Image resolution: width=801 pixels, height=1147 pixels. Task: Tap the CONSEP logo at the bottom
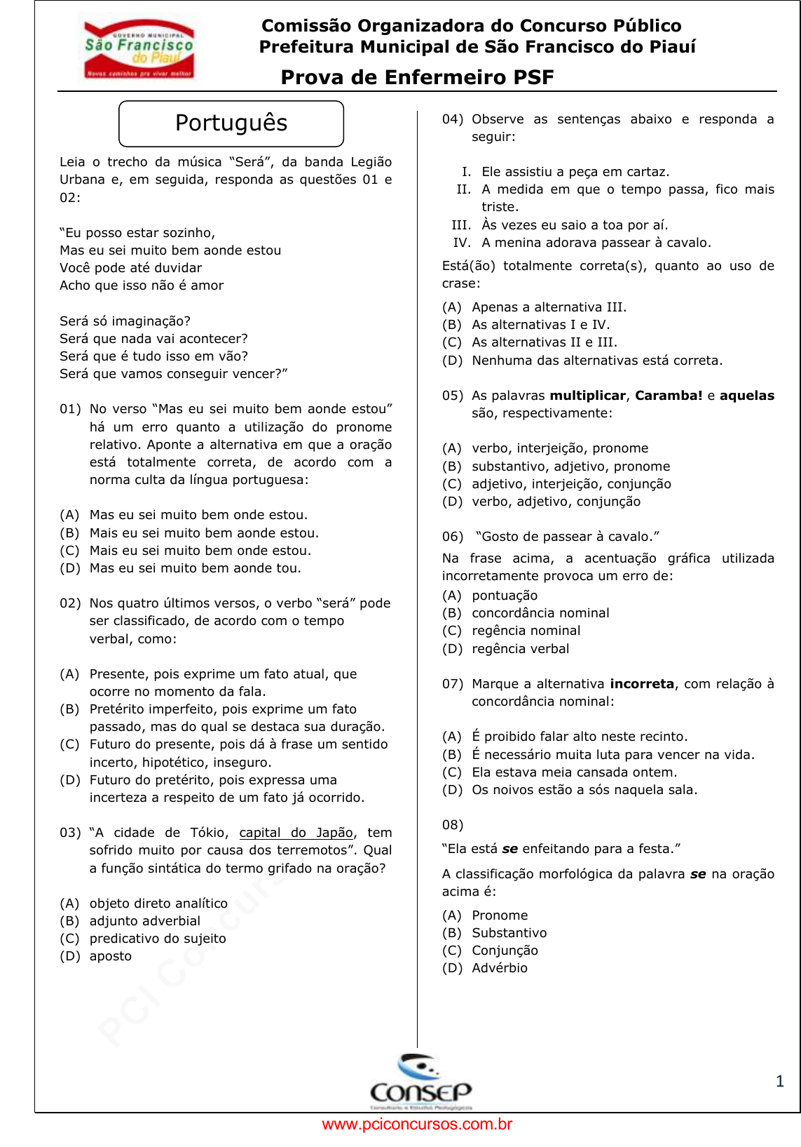tap(420, 1082)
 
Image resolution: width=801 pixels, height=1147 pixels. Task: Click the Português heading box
tap(231, 123)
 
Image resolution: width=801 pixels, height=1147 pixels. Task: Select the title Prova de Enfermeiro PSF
tap(417, 77)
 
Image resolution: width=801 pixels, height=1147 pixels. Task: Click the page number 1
tap(780, 1081)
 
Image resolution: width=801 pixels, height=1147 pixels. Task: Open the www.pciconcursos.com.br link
tap(417, 1125)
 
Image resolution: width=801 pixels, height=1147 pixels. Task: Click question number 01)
tap(70, 409)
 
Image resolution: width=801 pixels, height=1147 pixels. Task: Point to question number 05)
tap(453, 396)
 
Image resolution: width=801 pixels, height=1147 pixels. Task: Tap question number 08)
tap(453, 825)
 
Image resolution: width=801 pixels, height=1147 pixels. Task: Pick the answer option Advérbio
tap(500, 968)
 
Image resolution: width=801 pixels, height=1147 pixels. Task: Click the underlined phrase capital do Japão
tap(296, 833)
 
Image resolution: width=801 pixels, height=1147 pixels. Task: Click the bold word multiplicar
tap(587, 396)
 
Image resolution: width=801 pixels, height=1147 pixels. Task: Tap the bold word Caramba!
tap(669, 396)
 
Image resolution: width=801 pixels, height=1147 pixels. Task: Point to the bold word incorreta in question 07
tap(642, 684)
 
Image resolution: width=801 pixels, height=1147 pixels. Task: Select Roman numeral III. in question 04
tap(461, 225)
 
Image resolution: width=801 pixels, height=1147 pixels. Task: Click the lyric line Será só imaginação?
tap(125, 321)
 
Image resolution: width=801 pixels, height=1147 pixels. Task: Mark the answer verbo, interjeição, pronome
tap(560, 448)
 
